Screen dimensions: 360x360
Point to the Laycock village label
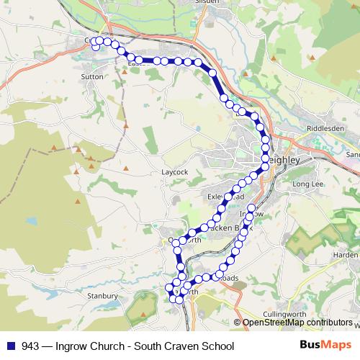point(175,173)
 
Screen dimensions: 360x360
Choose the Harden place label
point(345,255)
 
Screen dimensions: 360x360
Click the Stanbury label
point(102,295)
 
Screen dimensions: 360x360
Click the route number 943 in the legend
point(30,346)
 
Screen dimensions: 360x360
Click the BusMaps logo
point(325,345)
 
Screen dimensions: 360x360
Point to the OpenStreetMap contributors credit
point(297,323)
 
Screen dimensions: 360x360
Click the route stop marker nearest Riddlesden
point(265,140)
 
